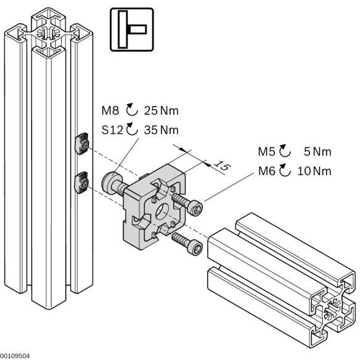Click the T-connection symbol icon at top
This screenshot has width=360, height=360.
point(131,29)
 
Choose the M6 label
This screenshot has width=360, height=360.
point(269,171)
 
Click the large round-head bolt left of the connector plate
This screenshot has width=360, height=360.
point(110,182)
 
